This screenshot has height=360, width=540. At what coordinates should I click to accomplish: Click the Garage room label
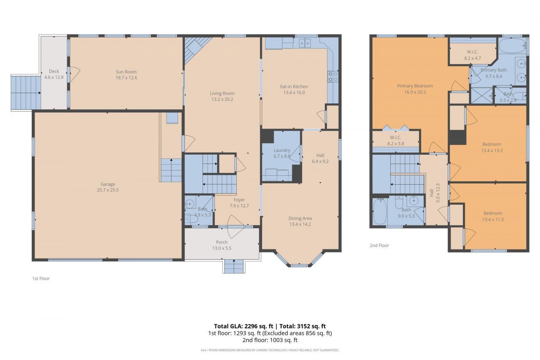[108, 184]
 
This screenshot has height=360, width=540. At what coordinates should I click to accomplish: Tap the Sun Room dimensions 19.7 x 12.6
[127, 78]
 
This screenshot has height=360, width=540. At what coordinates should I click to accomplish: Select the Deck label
[54, 71]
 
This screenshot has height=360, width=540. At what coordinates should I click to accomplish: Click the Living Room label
[222, 94]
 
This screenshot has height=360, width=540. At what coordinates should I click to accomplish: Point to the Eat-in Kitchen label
[294, 87]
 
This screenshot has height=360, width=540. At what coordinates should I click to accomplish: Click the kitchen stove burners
[333, 76]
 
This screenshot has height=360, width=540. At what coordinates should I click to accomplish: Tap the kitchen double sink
[305, 43]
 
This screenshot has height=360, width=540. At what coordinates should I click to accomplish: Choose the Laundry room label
[282, 150]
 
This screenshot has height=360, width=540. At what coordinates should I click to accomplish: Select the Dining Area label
[300, 218]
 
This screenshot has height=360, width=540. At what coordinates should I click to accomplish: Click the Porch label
[221, 242]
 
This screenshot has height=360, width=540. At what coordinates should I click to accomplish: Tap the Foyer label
[239, 200]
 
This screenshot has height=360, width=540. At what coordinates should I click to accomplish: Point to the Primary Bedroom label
[415, 86]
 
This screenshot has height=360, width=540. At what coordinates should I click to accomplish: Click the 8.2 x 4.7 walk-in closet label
[472, 58]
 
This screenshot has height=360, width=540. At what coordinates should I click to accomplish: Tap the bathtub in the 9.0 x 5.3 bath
[380, 211]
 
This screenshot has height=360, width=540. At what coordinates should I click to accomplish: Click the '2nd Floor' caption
[379, 245]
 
